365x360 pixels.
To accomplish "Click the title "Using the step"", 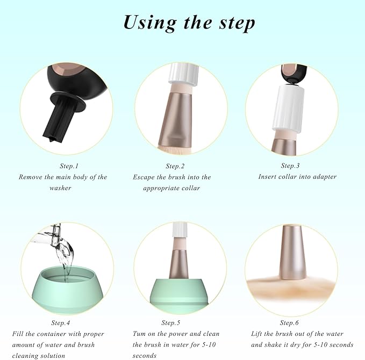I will click(x=189, y=23).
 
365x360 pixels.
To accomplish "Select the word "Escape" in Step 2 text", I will click(x=145, y=177).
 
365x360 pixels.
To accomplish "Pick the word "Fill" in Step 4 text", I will click(x=19, y=334).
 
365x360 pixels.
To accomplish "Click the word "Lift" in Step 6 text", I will click(x=258, y=334).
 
